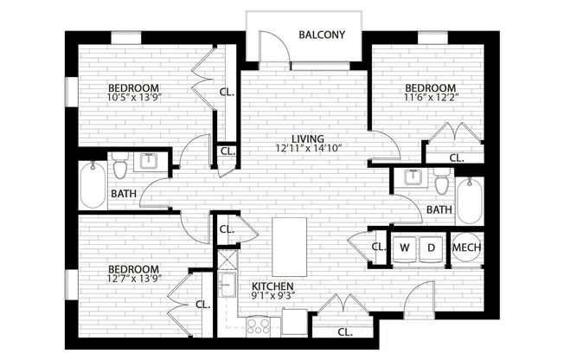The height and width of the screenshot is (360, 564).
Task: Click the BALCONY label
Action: [322, 35]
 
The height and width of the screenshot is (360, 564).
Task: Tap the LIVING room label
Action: [307, 138]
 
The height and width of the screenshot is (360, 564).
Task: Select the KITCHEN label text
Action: [272, 286]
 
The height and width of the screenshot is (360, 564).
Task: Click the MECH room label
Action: [467, 248]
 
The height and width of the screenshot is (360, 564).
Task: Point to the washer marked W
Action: [404, 248]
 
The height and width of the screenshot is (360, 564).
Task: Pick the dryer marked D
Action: [431, 248]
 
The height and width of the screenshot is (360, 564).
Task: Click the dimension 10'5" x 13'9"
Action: [133, 99]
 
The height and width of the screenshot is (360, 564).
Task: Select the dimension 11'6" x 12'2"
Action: [431, 99]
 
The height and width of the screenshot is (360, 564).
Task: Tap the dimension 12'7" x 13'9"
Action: [133, 279]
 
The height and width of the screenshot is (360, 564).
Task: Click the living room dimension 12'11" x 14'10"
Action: [307, 149]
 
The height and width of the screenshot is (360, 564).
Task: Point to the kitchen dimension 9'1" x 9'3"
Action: [272, 297]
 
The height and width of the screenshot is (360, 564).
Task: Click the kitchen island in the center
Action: [289, 245]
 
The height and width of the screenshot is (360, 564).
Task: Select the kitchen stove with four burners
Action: [259, 325]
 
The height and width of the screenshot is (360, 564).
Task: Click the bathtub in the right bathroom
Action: [470, 201]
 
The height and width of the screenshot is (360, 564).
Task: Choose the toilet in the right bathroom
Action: [442, 183]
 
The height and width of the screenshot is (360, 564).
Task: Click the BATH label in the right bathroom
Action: [439, 209]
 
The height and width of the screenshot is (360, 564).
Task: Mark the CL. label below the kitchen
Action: [343, 331]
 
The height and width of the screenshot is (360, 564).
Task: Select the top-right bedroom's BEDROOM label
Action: [431, 88]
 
